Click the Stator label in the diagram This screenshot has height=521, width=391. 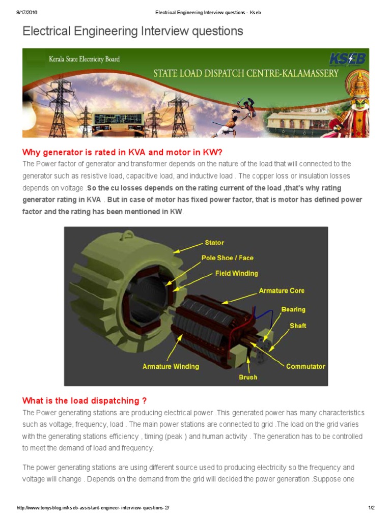[x=214, y=243]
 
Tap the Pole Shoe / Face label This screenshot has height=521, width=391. [x=228, y=258]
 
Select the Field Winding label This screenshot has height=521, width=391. [x=236, y=273]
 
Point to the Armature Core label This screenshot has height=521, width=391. [x=282, y=291]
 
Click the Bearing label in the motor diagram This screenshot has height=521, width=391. [x=293, y=310]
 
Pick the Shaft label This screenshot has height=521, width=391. [x=298, y=326]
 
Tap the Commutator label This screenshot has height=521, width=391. [x=305, y=366]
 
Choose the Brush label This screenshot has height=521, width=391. [x=248, y=377]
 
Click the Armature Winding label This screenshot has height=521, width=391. [x=171, y=366]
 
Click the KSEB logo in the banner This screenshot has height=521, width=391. [x=347, y=59]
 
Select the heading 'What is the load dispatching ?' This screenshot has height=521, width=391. [x=85, y=401]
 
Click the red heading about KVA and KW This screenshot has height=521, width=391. [x=122, y=153]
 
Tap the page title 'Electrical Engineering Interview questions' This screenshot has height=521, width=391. [x=133, y=31]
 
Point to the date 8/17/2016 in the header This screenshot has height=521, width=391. [x=27, y=13]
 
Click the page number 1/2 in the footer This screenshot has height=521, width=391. [x=371, y=508]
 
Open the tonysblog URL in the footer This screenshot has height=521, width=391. [x=93, y=508]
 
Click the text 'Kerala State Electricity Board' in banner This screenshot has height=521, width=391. [x=84, y=59]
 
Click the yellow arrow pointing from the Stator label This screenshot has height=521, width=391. [x=188, y=248]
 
